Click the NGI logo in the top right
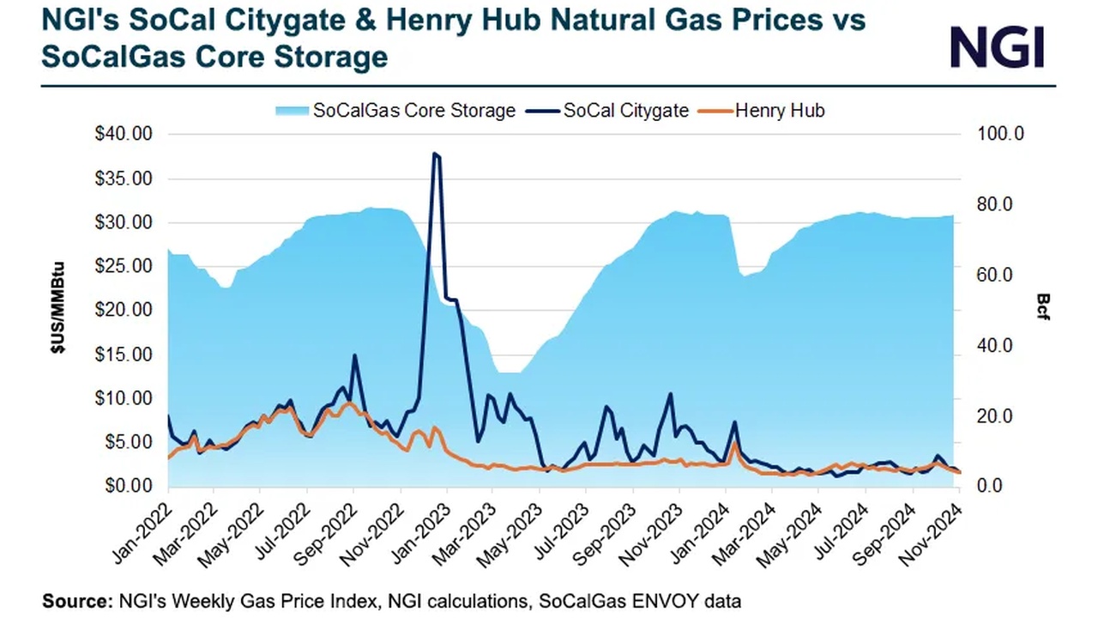point(997,46)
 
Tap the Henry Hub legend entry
point(780,111)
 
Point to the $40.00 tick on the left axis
point(122,135)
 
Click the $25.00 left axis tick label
point(122,267)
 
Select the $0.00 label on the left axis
point(125,486)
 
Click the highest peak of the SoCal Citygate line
point(435,154)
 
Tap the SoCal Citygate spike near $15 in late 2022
point(354,355)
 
